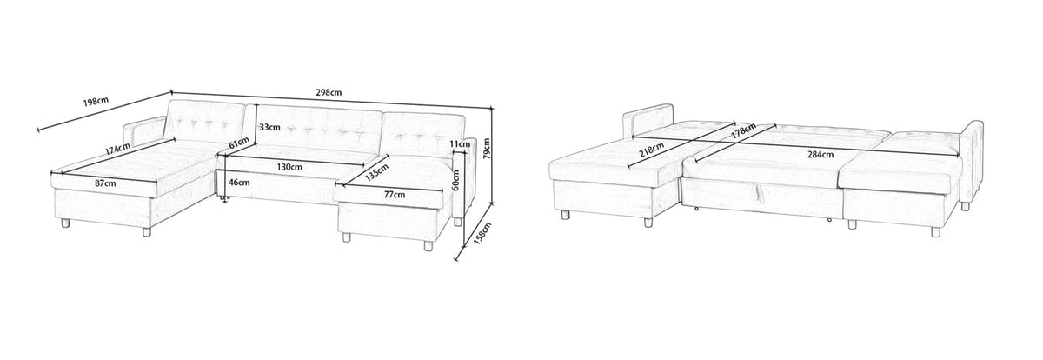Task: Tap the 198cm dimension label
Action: pos(96,102)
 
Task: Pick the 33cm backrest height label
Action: pos(269,127)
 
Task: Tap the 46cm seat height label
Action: pos(237,183)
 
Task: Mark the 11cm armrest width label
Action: pos(460,143)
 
